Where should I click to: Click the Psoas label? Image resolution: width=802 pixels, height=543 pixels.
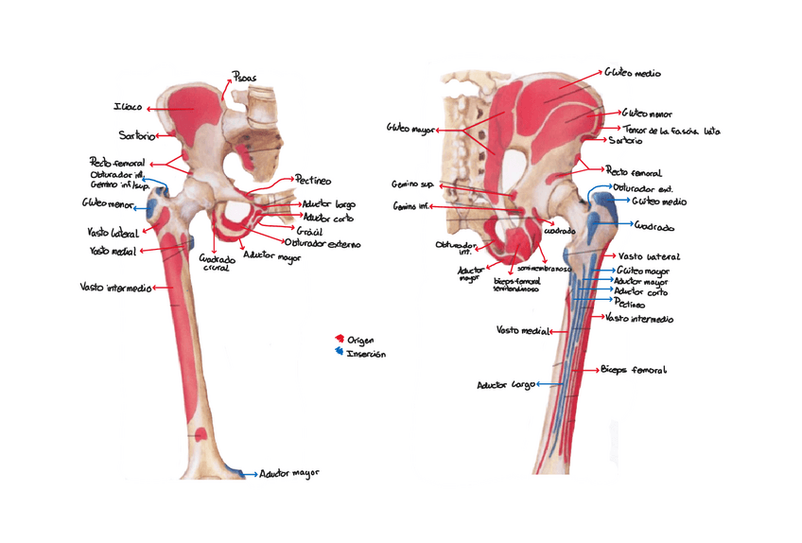[244, 78]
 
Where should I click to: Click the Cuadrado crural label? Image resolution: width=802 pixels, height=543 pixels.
[217, 262]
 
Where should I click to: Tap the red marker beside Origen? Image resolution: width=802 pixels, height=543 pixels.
[340, 339]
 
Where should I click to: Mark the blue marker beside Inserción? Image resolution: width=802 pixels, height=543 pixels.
[340, 353]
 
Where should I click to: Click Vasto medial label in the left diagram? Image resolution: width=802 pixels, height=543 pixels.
[111, 251]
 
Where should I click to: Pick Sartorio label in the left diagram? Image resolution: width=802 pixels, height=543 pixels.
[136, 135]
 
